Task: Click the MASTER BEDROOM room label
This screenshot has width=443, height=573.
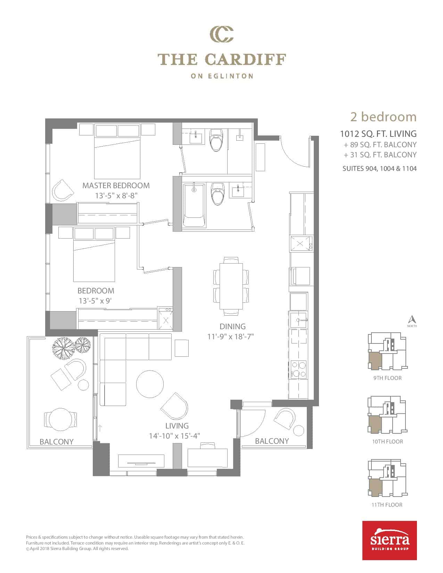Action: [x=116, y=186]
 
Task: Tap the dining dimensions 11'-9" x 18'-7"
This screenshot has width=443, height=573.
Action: [x=231, y=337]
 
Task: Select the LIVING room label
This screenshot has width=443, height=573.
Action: [x=177, y=426]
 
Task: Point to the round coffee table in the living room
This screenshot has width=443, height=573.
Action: [x=150, y=384]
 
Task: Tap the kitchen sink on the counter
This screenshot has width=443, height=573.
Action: [x=298, y=320]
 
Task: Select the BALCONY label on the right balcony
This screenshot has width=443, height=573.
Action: [x=272, y=441]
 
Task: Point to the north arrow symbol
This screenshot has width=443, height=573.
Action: [x=412, y=319]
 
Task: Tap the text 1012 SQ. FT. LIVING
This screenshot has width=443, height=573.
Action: [x=378, y=134]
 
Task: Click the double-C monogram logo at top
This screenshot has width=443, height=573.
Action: [x=222, y=34]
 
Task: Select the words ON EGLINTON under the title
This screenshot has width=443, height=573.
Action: [x=222, y=76]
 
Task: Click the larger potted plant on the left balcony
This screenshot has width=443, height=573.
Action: [x=63, y=348]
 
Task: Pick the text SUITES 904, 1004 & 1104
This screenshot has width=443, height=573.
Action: [x=380, y=168]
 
